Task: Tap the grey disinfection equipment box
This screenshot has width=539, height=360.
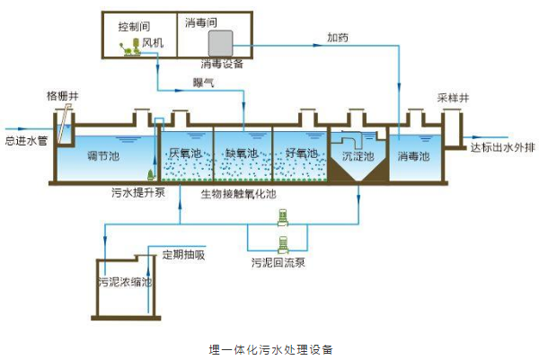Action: [x=220, y=42]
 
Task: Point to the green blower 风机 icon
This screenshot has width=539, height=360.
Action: [x=128, y=52]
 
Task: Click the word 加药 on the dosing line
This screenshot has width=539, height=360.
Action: [x=337, y=38]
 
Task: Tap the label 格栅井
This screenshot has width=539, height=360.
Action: [x=62, y=94]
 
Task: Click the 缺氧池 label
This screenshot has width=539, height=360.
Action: [x=241, y=154]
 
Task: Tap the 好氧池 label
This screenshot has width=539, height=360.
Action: [x=296, y=154]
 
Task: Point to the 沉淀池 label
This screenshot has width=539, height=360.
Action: [x=357, y=155]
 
